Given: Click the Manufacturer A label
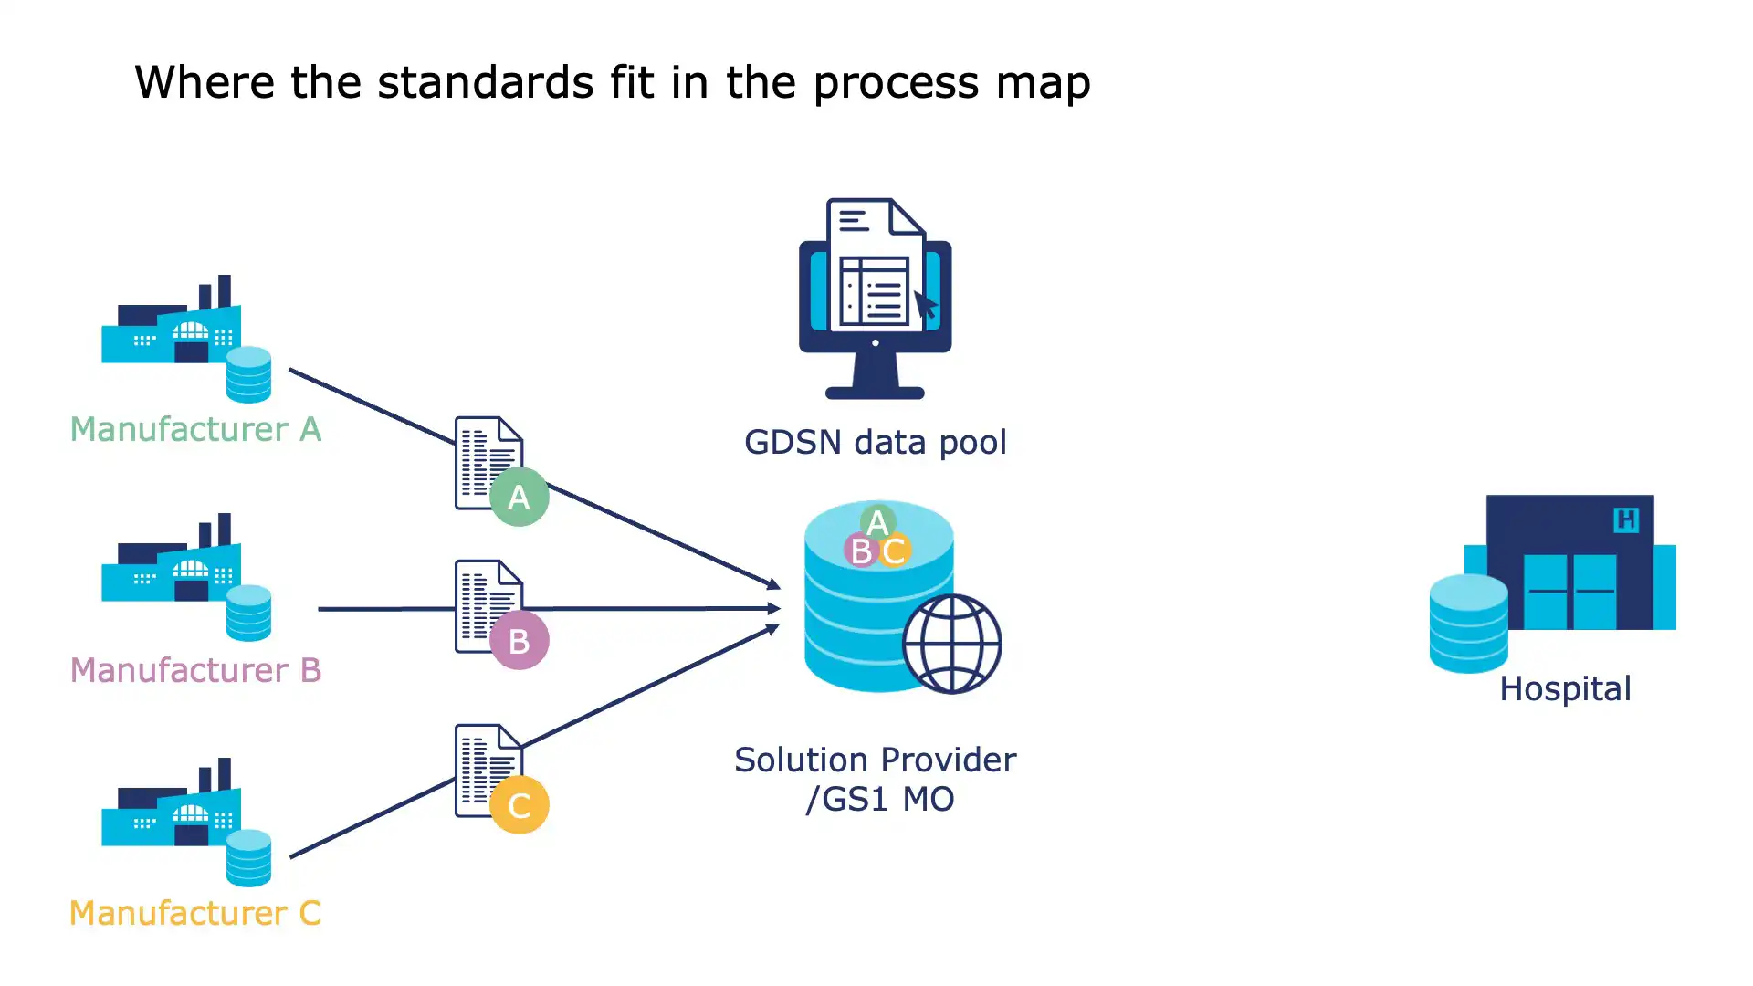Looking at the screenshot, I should coord(195,429).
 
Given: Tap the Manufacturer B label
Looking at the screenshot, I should coord(195,670).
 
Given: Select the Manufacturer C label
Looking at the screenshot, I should coord(195,913).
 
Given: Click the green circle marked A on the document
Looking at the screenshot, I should coord(519,497).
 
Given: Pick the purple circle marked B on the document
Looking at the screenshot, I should coord(519,641).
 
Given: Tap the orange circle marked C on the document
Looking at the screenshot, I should coord(519,805).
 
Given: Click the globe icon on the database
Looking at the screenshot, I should coord(952,644).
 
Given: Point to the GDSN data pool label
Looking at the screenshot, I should coord(875,443).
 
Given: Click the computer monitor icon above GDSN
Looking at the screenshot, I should coord(875,301).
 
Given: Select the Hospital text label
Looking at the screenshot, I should coord(1565,689).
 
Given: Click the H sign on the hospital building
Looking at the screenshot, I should coord(1625,520).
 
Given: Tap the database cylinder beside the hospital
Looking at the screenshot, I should coord(1468,624).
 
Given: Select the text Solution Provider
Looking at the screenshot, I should coord(875,760).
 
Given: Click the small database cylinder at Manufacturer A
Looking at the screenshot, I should coord(248,374).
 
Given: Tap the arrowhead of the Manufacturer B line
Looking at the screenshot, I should coord(774,608).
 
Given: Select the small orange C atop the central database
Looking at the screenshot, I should coord(894,551).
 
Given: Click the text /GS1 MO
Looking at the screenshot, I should coord(879,800).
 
